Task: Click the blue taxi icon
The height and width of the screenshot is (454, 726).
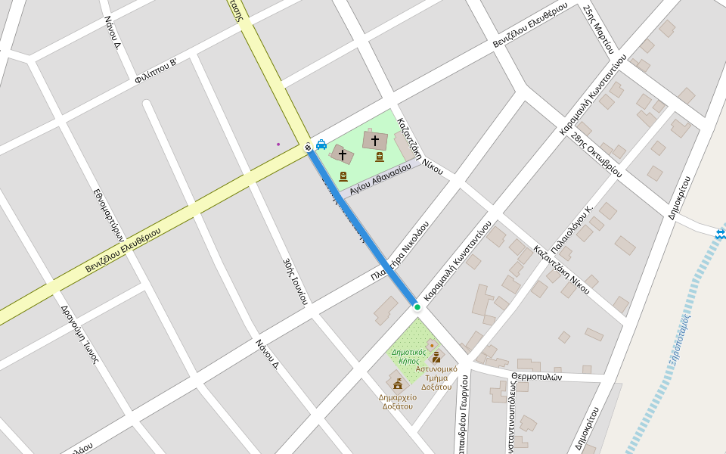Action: [x=321, y=145]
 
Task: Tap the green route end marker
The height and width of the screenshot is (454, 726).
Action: [x=417, y=306]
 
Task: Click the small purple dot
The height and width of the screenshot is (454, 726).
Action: [x=278, y=144]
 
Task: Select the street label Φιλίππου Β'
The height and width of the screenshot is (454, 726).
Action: [x=156, y=70]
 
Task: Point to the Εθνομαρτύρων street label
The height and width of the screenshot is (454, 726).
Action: [x=108, y=214]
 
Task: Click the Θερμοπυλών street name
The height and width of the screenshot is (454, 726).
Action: [x=536, y=376]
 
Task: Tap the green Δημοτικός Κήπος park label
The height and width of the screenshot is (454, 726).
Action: [x=408, y=356]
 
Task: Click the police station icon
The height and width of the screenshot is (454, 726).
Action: [x=436, y=357]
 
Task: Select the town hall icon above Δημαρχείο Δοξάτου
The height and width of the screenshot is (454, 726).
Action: [x=398, y=384]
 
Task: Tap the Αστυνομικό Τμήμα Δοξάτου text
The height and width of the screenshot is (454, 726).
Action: [x=436, y=378]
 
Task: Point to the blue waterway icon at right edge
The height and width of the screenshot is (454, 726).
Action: [x=721, y=235]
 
